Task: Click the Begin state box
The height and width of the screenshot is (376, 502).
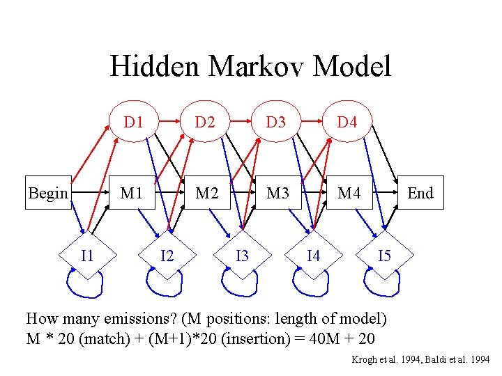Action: click(x=48, y=193)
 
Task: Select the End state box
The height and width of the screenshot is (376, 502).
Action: click(x=420, y=193)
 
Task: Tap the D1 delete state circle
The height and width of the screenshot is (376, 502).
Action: click(x=134, y=123)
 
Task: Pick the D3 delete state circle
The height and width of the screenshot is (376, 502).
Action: click(x=276, y=123)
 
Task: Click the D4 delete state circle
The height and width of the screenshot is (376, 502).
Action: click(x=347, y=123)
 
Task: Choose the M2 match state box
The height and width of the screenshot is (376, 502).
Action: click(x=206, y=193)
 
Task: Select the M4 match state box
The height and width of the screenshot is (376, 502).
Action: click(x=349, y=193)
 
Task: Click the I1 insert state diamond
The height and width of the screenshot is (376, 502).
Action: click(x=87, y=256)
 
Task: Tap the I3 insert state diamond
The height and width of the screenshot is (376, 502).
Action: click(x=242, y=256)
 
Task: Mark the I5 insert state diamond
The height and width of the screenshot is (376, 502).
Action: click(x=384, y=256)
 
